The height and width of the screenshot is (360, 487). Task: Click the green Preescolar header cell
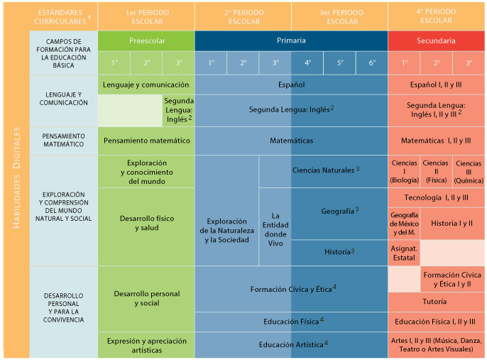click(146, 40)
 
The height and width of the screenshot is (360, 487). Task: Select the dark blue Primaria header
click(291, 40)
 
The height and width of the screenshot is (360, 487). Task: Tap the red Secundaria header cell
click(437, 40)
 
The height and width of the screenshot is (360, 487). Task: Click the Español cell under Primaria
click(291, 84)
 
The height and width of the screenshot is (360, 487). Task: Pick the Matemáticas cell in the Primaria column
click(291, 141)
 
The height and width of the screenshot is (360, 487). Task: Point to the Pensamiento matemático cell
click(146, 141)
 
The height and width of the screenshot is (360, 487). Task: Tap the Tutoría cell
click(437, 302)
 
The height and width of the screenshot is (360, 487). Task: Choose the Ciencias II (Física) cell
click(435, 171)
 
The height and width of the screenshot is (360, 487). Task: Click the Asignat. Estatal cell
click(404, 252)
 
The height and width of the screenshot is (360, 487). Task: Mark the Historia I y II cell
click(452, 223)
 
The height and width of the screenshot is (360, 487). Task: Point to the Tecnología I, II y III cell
click(437, 197)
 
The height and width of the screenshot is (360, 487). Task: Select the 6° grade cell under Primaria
click(372, 62)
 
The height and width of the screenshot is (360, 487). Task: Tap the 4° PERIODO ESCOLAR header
click(437, 16)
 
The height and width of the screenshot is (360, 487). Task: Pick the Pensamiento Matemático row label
click(65, 141)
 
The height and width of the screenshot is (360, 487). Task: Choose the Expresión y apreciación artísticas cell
click(146, 346)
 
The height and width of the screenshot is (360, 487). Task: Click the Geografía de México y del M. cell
click(404, 223)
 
